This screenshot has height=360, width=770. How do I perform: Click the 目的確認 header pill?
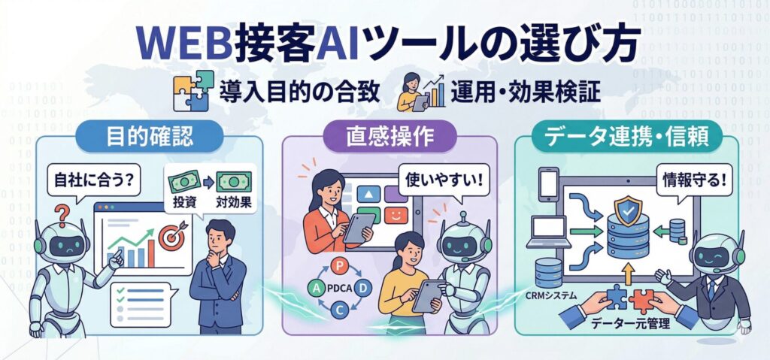pos(150,136)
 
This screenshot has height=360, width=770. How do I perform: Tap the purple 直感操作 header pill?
pos(391,136)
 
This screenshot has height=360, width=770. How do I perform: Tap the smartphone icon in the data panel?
pos(548,184)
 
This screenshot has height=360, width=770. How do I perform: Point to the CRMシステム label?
pos(550,295)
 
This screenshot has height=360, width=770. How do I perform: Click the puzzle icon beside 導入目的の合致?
pos(193,91)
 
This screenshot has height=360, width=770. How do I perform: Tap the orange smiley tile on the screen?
pos(396,215)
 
